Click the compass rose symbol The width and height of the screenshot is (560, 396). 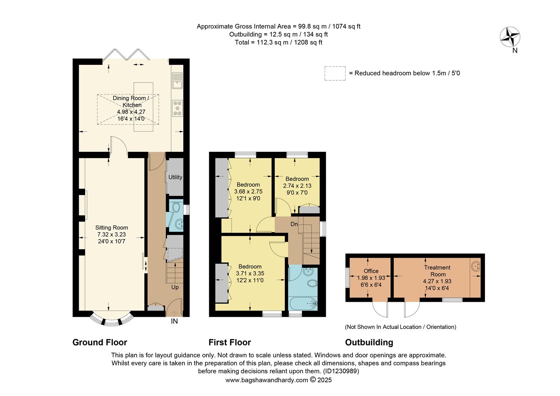pyautogui.click(x=510, y=37)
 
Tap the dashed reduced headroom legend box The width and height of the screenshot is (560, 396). pyautogui.click(x=335, y=73)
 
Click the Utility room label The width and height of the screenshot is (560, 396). pyautogui.click(x=175, y=177)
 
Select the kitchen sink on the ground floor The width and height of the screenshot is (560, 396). pyautogui.click(x=177, y=81)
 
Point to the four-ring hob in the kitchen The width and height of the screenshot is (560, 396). pyautogui.click(x=177, y=109)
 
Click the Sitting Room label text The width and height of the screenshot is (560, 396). pyautogui.click(x=111, y=228)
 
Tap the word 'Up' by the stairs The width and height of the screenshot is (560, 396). pyautogui.click(x=175, y=287)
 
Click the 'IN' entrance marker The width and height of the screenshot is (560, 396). pyautogui.click(x=174, y=322)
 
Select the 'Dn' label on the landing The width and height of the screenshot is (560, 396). pyautogui.click(x=294, y=224)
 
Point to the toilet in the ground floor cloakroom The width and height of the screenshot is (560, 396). pyautogui.click(x=176, y=208)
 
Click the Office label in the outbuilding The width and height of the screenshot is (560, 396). pyautogui.click(x=371, y=271)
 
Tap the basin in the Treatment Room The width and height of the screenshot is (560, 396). pyautogui.click(x=475, y=266)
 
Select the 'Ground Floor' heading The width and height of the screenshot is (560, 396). pyautogui.click(x=100, y=342)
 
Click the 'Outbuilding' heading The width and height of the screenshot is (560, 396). pyautogui.click(x=369, y=342)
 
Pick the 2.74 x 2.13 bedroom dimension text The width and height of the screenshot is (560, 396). pyautogui.click(x=297, y=186)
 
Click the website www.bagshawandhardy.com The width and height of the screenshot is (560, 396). pyautogui.click(x=266, y=380)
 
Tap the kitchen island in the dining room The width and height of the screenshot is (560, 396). pyautogui.click(x=143, y=107)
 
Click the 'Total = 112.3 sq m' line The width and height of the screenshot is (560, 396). pyautogui.click(x=279, y=43)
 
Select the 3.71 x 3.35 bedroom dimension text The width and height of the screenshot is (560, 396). pyautogui.click(x=250, y=274)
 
